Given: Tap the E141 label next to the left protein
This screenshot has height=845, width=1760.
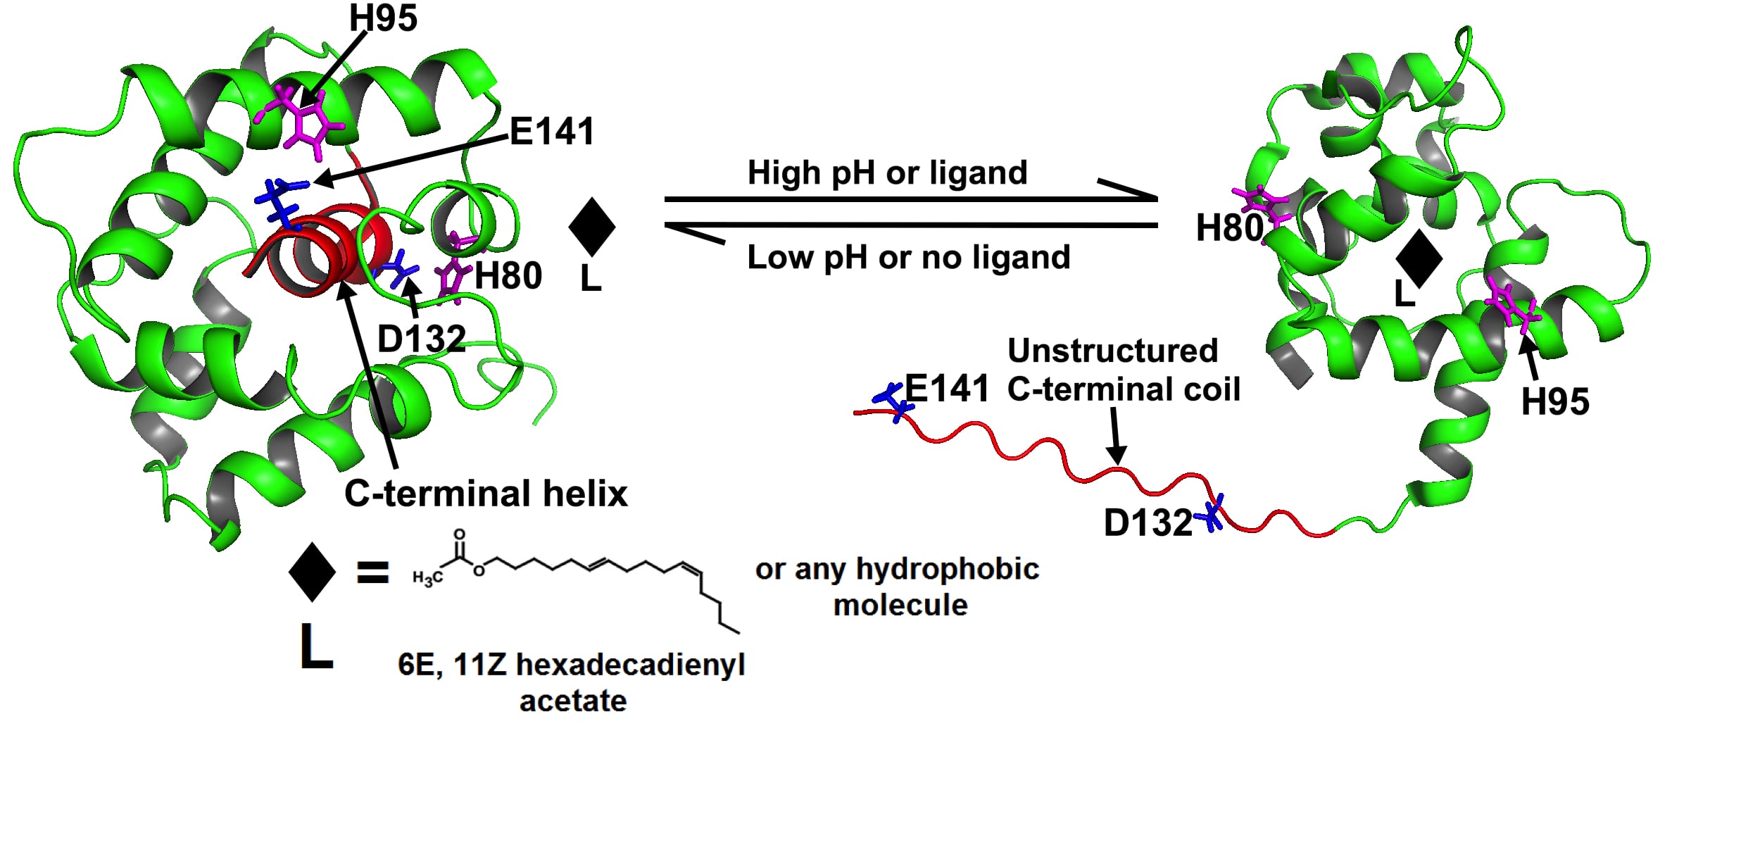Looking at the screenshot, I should coord(552,132).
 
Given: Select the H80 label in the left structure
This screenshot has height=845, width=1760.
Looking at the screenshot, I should coord(508,275).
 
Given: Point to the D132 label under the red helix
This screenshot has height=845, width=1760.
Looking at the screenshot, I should coord(421,339).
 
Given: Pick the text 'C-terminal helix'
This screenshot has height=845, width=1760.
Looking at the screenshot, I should coord(486,493).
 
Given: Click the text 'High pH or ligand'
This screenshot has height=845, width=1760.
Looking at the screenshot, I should coord(887,173).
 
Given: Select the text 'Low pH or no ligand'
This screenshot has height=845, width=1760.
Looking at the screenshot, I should coord(908,257).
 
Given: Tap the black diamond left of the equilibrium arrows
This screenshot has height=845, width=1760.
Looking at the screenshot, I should coord(591,226).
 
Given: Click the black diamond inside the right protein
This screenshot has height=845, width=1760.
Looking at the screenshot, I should coord(1419,258).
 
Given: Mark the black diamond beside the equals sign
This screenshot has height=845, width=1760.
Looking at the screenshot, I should coord(312,572).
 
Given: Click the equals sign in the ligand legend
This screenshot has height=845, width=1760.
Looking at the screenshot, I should coord(372,572).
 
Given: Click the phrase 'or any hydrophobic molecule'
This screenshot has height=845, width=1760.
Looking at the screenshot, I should coord(898,587).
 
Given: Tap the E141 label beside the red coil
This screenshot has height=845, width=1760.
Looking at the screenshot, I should coord(946,389).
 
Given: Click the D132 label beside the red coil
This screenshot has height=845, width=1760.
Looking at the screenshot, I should coord(1148,523).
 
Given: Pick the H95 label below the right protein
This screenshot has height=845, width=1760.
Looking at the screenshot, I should coord(1554,402).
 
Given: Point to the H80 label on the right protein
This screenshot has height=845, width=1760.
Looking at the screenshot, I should coord(1229,228).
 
